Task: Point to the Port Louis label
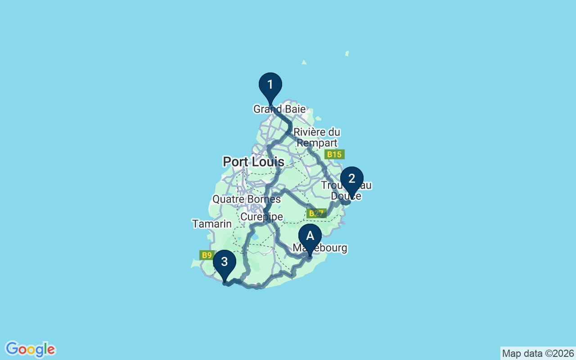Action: click(x=253, y=162)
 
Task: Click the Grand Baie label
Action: click(x=279, y=109)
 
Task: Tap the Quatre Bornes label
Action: click(x=246, y=199)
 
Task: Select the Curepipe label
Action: click(x=261, y=217)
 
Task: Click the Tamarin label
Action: click(x=211, y=224)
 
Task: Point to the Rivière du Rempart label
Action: click(x=316, y=138)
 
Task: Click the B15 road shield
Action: click(x=334, y=154)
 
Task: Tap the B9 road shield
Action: click(x=207, y=255)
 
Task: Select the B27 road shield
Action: click(x=316, y=213)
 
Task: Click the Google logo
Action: click(x=30, y=349)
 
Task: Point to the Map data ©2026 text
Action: click(x=538, y=353)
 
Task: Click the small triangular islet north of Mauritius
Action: click(x=304, y=62)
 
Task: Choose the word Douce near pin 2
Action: click(x=346, y=196)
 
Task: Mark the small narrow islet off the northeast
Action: click(x=347, y=54)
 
